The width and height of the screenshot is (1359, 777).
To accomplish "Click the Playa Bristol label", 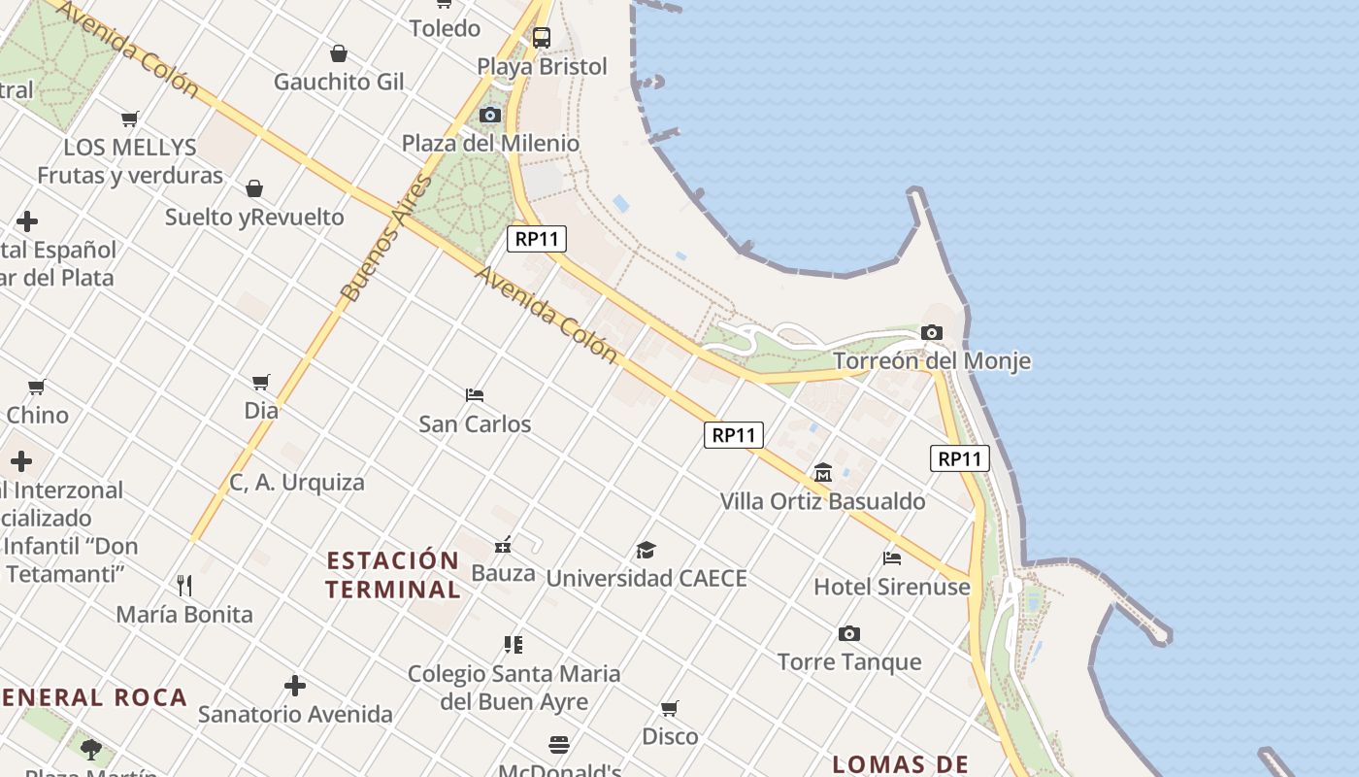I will (542, 67).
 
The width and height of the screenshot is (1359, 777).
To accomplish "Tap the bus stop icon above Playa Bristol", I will (542, 38).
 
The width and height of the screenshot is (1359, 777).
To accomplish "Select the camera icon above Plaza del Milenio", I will (490, 116).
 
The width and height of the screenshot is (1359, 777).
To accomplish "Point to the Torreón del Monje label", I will (932, 361).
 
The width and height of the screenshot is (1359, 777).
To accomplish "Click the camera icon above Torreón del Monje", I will (932, 333).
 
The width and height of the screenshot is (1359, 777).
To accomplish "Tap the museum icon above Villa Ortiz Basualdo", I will (823, 473).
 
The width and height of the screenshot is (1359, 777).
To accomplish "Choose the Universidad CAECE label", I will (646, 579).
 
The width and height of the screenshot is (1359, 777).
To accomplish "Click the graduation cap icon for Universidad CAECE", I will (646, 551).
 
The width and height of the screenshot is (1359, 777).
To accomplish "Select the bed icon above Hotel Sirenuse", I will (892, 558).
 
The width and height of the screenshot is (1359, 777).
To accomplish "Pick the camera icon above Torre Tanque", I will (849, 634).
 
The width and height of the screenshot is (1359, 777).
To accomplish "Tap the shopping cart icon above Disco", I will (670, 708).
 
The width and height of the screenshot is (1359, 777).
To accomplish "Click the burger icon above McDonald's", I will (559, 745).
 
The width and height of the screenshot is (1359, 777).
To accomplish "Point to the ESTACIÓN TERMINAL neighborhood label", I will (393, 575).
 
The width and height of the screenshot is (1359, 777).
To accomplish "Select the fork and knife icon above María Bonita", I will (184, 586).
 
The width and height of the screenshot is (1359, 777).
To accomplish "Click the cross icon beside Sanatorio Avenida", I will (295, 687).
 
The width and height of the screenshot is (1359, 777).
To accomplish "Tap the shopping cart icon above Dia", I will (260, 383).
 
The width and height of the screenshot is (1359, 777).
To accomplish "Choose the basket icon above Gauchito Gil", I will (339, 53).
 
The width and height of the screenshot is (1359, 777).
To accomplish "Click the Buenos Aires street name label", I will (385, 238).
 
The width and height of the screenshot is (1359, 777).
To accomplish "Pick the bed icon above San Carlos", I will (475, 395).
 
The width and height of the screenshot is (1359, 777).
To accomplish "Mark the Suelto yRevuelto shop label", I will (254, 217).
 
